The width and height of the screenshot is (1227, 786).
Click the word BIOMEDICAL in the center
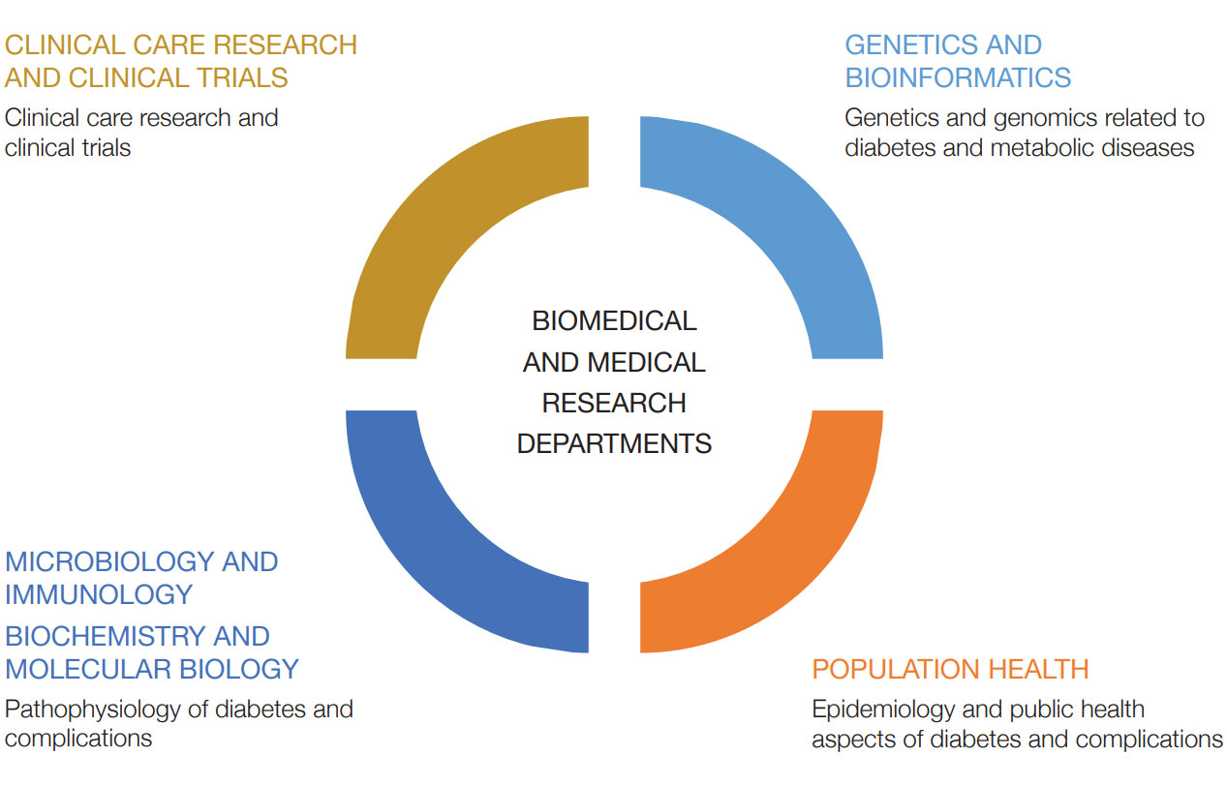tap(614, 320)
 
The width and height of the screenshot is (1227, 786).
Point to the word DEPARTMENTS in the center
tap(614, 443)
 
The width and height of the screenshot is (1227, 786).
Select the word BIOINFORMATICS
tap(958, 77)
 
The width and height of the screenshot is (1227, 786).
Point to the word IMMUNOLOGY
tap(99, 595)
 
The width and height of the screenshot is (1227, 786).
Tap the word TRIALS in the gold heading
tap(242, 77)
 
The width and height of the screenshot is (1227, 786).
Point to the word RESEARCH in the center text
tap(614, 403)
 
